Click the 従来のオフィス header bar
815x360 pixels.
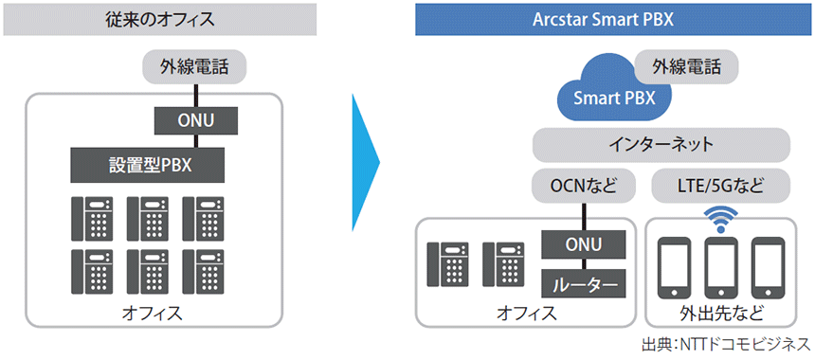160,19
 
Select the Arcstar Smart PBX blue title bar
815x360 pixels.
603,19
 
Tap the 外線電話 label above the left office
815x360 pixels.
194,67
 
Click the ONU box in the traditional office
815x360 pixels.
196,121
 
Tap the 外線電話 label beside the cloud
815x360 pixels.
687,67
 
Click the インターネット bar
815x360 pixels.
661,144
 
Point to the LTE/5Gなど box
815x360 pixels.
720,186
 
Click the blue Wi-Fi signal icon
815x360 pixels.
720,219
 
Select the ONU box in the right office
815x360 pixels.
584,244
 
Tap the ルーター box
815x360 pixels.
584,283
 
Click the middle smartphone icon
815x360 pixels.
720,266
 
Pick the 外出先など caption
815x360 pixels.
721,314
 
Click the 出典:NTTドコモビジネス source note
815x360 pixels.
726,345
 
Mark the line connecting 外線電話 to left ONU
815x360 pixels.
195,95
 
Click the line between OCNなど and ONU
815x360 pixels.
584,217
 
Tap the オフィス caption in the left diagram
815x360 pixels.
153,314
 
